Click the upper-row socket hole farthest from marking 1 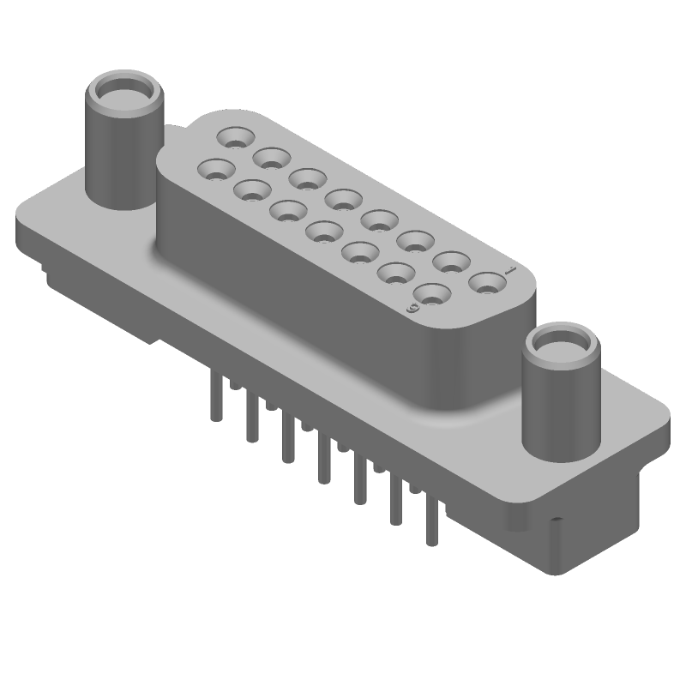[x=234, y=136]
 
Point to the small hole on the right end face [x=557, y=521]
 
